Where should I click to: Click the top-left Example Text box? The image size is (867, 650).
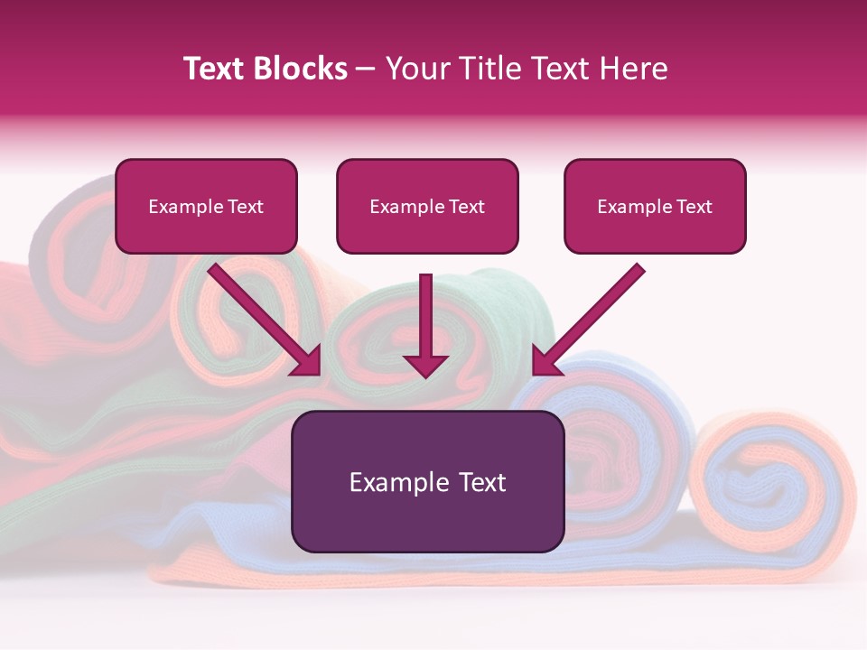[x=206, y=207]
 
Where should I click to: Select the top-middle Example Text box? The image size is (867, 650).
[x=427, y=207]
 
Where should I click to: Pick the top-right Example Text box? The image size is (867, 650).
[x=655, y=207]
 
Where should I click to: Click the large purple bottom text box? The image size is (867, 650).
[x=428, y=481]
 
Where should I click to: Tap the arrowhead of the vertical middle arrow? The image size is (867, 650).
[x=425, y=366]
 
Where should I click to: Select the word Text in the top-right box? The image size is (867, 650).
[x=695, y=207]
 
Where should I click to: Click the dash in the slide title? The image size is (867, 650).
[x=366, y=70]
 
